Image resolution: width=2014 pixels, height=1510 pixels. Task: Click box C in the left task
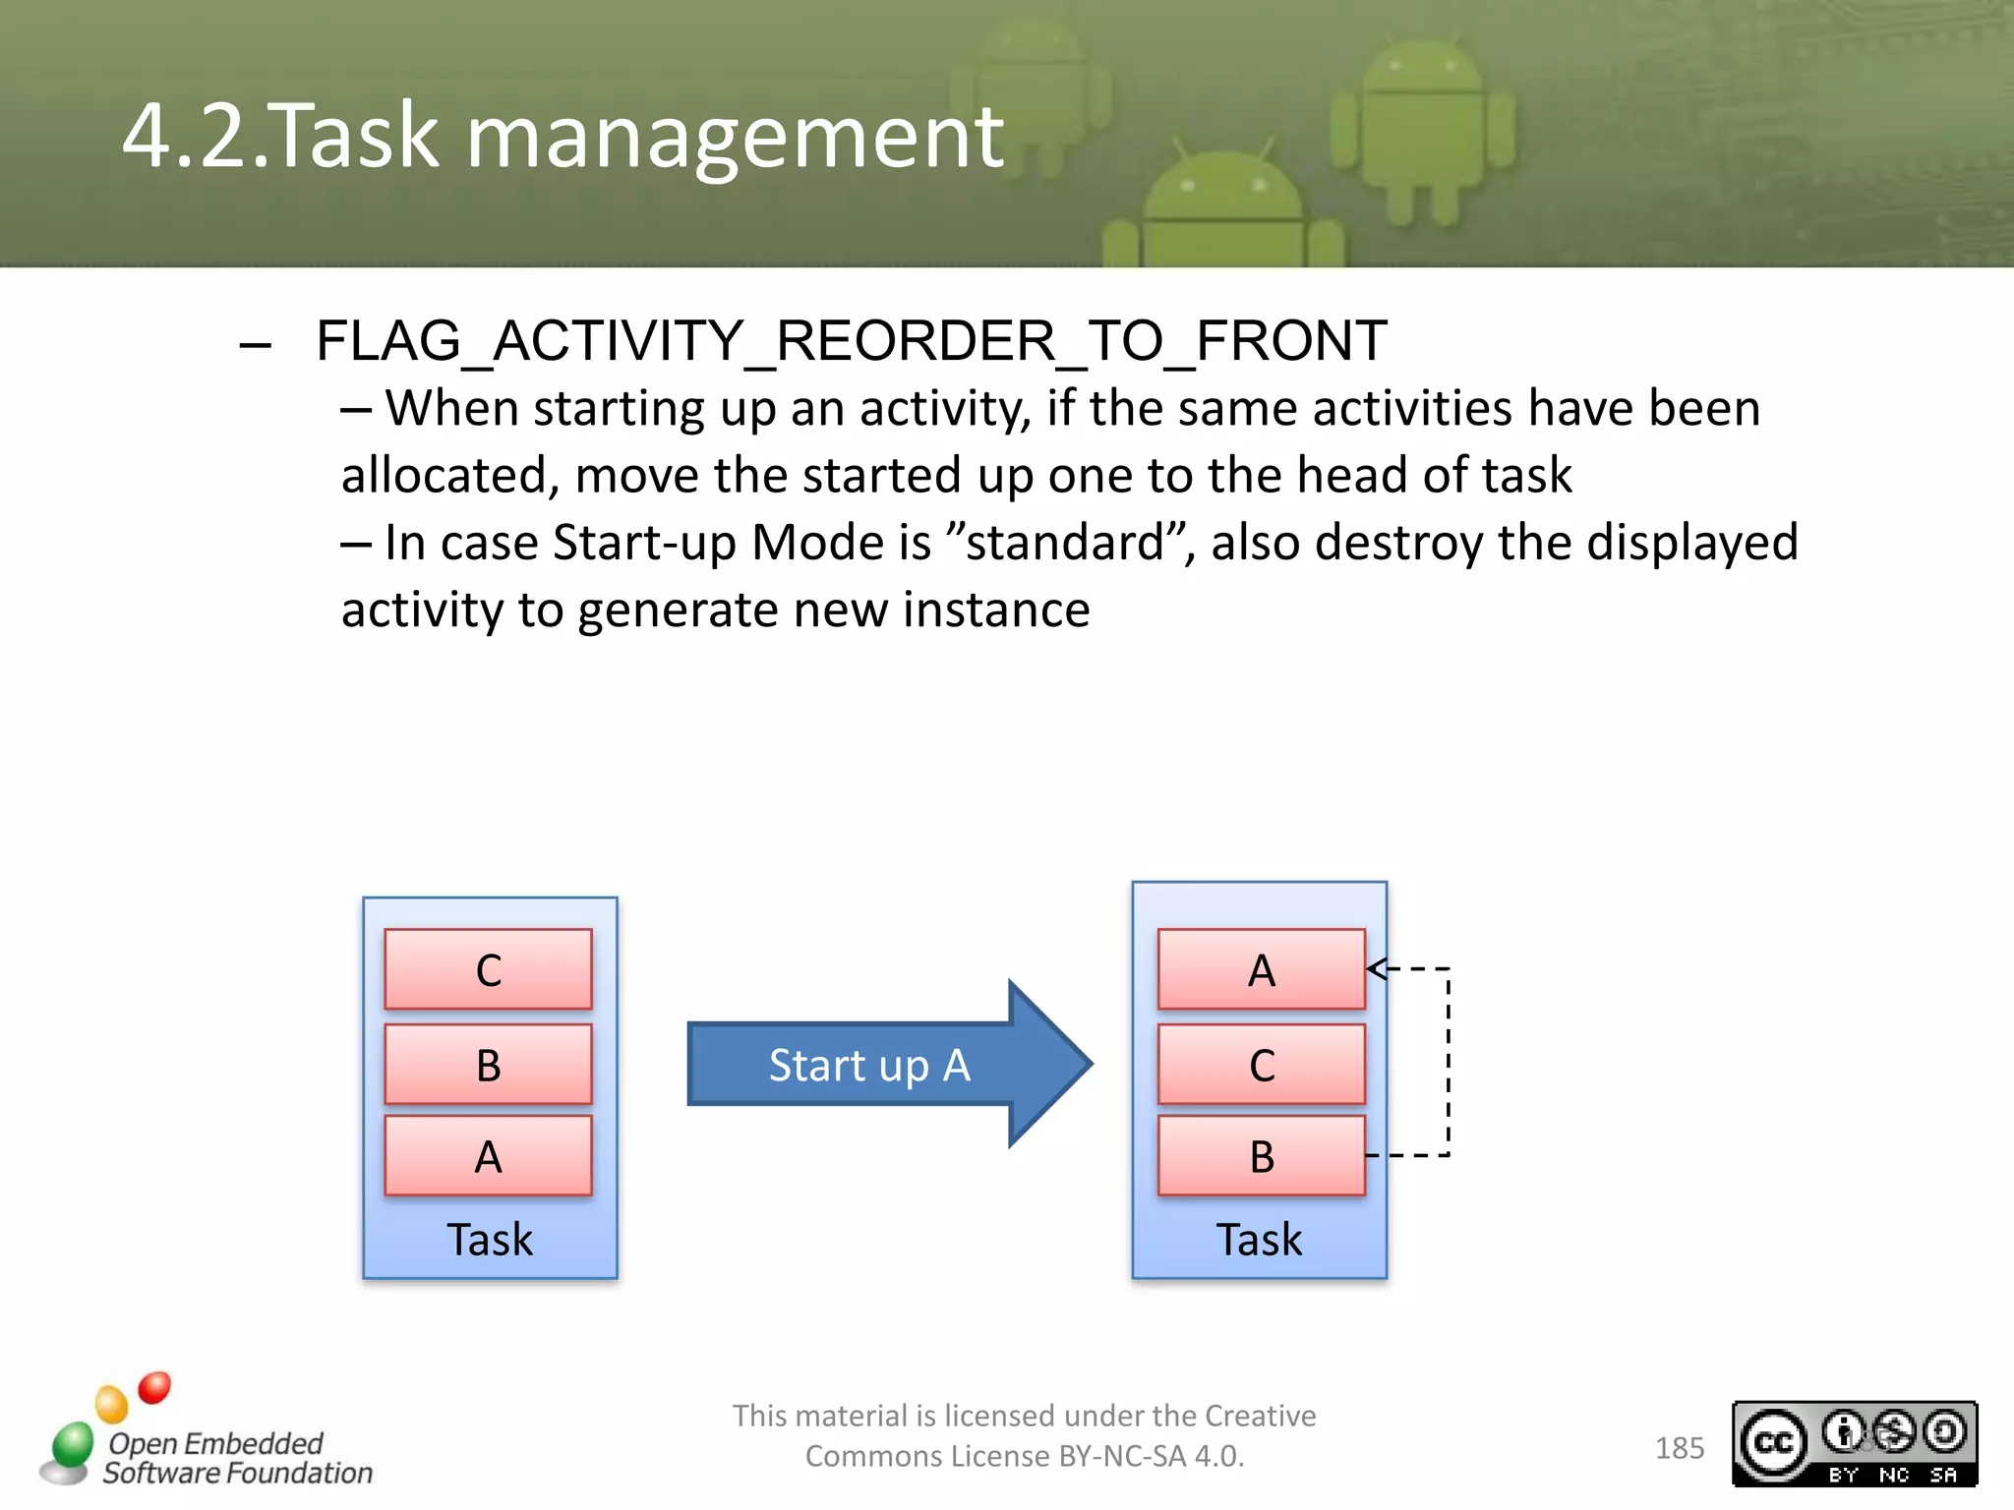click(x=488, y=969)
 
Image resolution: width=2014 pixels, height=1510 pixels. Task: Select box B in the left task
click(x=488, y=1065)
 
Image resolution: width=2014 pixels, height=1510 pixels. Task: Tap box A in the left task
click(x=488, y=1156)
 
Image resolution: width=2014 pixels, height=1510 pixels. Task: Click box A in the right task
click(x=1261, y=969)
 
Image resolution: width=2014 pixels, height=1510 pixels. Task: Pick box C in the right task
click(x=1261, y=1065)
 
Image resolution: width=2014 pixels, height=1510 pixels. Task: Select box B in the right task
click(x=1261, y=1156)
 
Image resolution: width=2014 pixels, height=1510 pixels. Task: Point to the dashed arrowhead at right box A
click(x=1377, y=968)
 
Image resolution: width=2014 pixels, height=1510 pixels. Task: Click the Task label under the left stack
click(x=490, y=1239)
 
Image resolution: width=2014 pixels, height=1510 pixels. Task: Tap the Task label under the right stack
click(x=1259, y=1239)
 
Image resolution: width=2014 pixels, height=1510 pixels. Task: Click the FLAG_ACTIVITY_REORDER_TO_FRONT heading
click(x=851, y=341)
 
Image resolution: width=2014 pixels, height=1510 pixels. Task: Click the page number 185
click(x=1680, y=1448)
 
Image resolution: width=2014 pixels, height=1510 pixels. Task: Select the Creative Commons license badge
click(x=1855, y=1443)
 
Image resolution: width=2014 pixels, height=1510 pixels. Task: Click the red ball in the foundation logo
click(x=154, y=1387)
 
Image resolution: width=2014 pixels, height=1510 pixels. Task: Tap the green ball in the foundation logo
click(x=73, y=1444)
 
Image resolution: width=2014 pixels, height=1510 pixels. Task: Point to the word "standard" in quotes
click(x=1066, y=543)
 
